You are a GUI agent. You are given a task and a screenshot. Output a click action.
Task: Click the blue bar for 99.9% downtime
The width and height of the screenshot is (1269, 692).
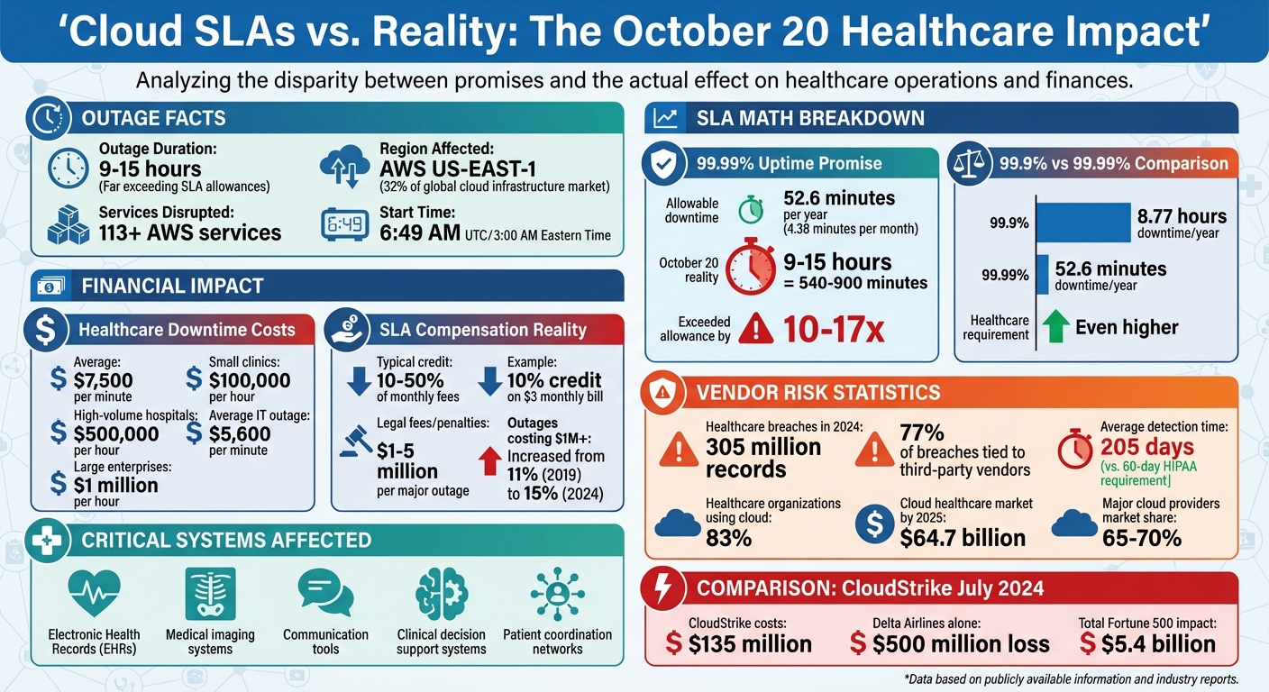coord(1083,222)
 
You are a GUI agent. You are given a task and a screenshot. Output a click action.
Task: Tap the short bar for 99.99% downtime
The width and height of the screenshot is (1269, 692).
coord(1043,274)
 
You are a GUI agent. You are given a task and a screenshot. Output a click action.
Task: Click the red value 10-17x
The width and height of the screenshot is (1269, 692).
coord(834,329)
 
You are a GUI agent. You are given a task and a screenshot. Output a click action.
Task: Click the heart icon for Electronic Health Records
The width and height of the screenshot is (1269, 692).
coord(94,594)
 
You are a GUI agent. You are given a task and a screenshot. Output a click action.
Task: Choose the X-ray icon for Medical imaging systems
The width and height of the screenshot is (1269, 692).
coord(210,594)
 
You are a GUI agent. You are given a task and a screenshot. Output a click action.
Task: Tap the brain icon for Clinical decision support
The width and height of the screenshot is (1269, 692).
coord(442,594)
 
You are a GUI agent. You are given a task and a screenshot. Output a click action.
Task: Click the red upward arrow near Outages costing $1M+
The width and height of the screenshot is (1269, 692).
coord(490,460)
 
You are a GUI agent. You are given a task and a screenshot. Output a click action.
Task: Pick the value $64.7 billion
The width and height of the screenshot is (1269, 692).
coord(963,538)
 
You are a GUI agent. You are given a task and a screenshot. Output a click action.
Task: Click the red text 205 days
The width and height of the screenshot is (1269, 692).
coord(1146,446)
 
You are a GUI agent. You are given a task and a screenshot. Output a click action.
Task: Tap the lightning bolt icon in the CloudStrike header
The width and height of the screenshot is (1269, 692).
coord(662,589)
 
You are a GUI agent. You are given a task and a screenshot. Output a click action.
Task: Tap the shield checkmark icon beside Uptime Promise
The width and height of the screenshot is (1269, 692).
coord(662,163)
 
